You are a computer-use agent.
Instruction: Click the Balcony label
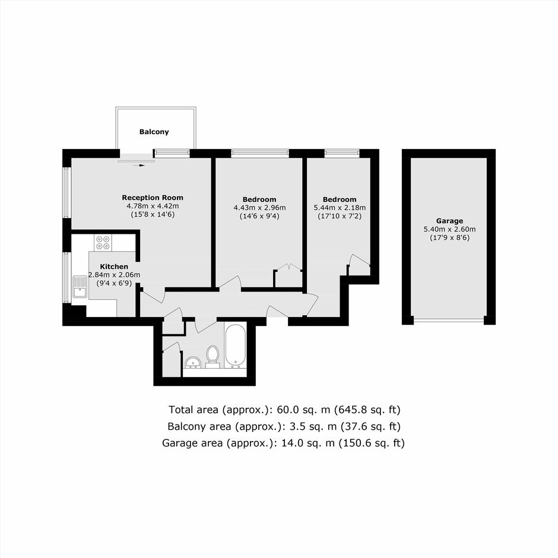click(x=154, y=132)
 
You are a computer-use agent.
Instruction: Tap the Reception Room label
click(x=153, y=198)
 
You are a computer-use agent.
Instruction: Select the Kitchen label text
click(x=114, y=267)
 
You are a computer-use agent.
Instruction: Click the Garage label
click(x=449, y=221)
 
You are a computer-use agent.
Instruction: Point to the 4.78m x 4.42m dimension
click(x=153, y=206)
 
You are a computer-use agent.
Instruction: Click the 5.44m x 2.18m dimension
click(x=340, y=208)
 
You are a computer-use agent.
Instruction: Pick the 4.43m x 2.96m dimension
click(x=259, y=208)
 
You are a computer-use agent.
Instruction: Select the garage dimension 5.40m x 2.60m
click(x=449, y=229)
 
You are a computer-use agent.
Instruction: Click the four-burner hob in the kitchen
click(x=103, y=242)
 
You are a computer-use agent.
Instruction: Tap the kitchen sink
click(x=80, y=287)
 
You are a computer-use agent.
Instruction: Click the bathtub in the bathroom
click(x=235, y=345)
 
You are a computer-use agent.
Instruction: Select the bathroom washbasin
click(x=193, y=362)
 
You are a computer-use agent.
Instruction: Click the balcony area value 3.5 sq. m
click(x=309, y=426)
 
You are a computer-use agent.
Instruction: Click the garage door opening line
click(x=449, y=320)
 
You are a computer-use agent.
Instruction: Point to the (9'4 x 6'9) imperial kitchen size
click(x=114, y=283)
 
